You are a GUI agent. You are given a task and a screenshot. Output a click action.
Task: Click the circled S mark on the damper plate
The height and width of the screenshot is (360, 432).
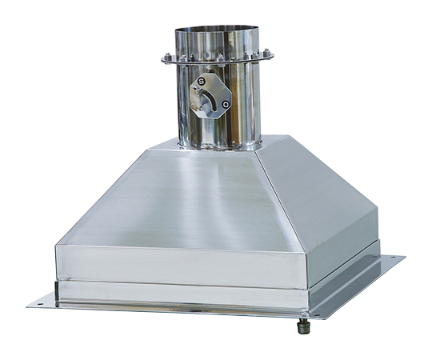(x=202, y=82)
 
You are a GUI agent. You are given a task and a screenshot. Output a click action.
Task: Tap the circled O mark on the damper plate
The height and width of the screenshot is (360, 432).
(x=226, y=105)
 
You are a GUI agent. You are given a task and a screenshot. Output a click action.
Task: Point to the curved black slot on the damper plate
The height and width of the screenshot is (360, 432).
(x=212, y=102)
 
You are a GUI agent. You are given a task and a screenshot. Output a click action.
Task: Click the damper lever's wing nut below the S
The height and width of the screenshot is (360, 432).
(x=197, y=89)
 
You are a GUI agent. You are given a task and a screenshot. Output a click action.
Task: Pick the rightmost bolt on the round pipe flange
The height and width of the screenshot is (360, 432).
(x=266, y=52)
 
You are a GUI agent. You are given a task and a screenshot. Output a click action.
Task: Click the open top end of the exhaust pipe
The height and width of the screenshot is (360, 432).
(x=217, y=29)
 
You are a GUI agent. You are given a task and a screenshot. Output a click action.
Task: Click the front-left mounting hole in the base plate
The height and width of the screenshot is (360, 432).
(x=40, y=304)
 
